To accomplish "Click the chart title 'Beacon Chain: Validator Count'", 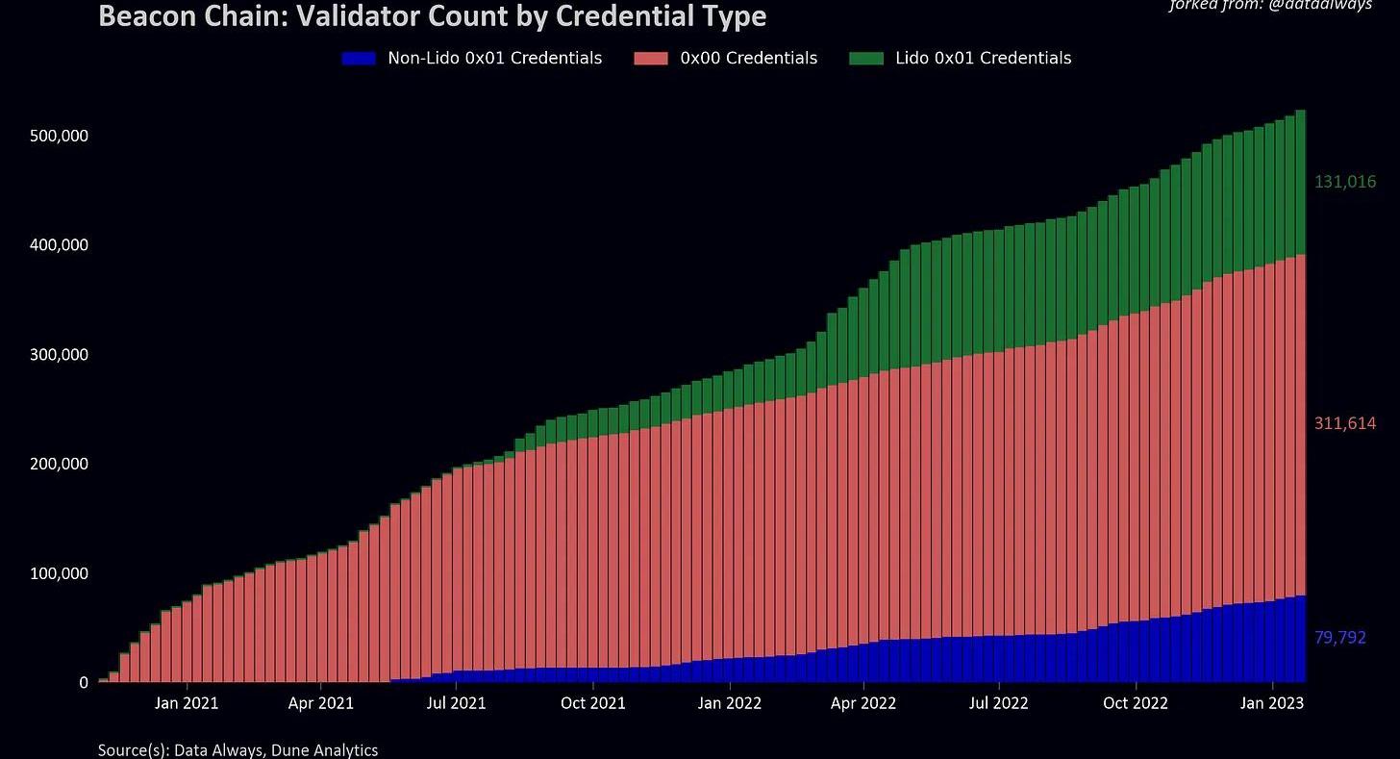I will point(432,16).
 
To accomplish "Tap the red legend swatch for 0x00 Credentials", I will point(651,59).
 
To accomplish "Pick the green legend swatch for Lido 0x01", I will point(866,59).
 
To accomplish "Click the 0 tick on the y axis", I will point(84,683).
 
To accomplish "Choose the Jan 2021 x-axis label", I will point(186,703).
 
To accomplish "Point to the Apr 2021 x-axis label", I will point(321,703).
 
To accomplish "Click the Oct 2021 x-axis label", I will point(593,703).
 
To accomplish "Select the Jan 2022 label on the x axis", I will point(730,703).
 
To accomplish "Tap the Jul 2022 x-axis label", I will point(1000,703).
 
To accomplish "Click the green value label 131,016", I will point(1345,182).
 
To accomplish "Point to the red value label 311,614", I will point(1345,423).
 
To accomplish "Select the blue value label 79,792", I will point(1339,638).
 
